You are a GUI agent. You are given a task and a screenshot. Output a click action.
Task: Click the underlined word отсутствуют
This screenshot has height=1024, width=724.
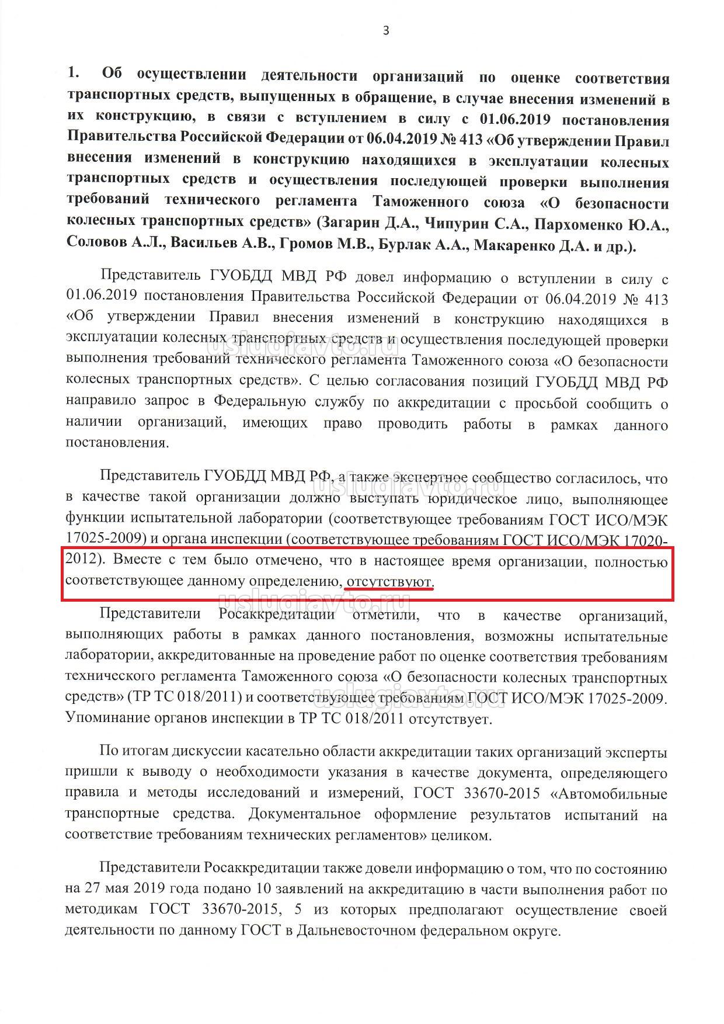coord(389,582)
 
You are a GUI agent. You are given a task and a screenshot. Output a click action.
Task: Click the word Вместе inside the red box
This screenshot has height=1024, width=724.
coord(140,561)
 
